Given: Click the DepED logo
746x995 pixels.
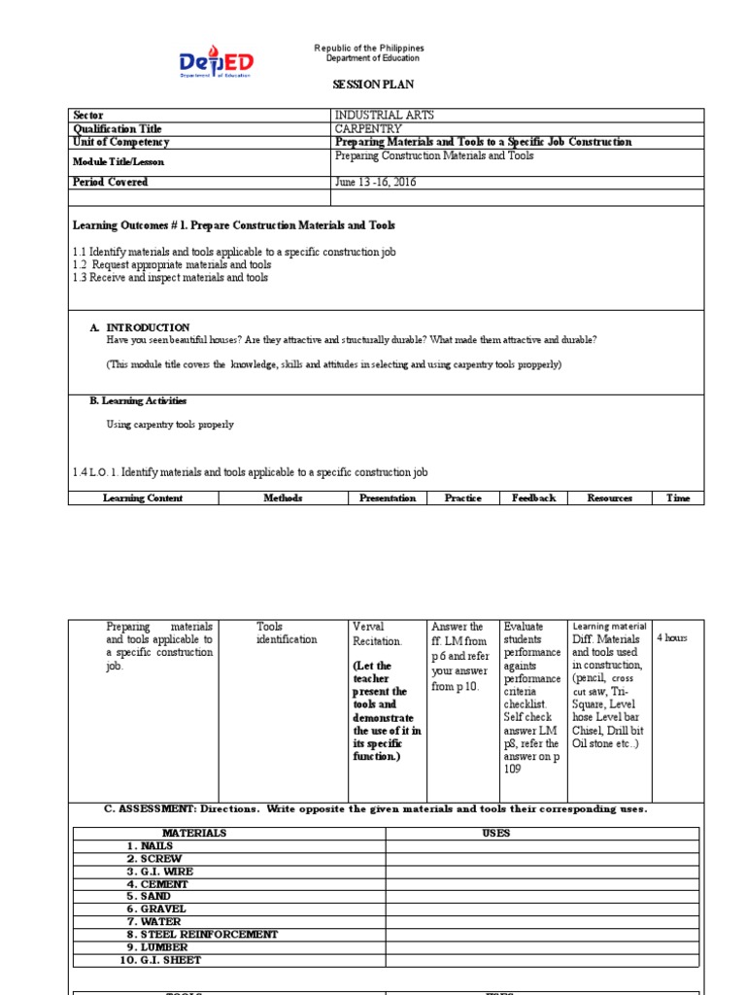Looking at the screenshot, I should [216, 63].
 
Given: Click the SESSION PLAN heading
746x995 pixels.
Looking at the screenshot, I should [374, 86].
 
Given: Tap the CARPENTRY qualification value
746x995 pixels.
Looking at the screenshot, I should [369, 129].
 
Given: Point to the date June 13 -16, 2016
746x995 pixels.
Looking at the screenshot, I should [375, 182].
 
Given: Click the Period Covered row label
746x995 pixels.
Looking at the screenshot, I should [111, 182].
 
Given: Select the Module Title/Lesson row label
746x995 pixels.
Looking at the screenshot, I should [119, 161].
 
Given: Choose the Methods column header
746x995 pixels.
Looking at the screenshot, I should [283, 497].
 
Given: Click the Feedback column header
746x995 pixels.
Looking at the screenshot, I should [533, 497].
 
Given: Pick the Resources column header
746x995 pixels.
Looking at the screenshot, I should [609, 497].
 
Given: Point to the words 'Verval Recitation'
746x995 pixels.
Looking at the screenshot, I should [377, 635].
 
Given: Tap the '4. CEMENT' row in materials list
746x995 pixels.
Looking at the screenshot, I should [157, 884].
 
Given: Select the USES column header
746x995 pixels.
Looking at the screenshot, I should [495, 833].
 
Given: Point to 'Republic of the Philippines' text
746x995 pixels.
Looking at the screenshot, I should [369, 49].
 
